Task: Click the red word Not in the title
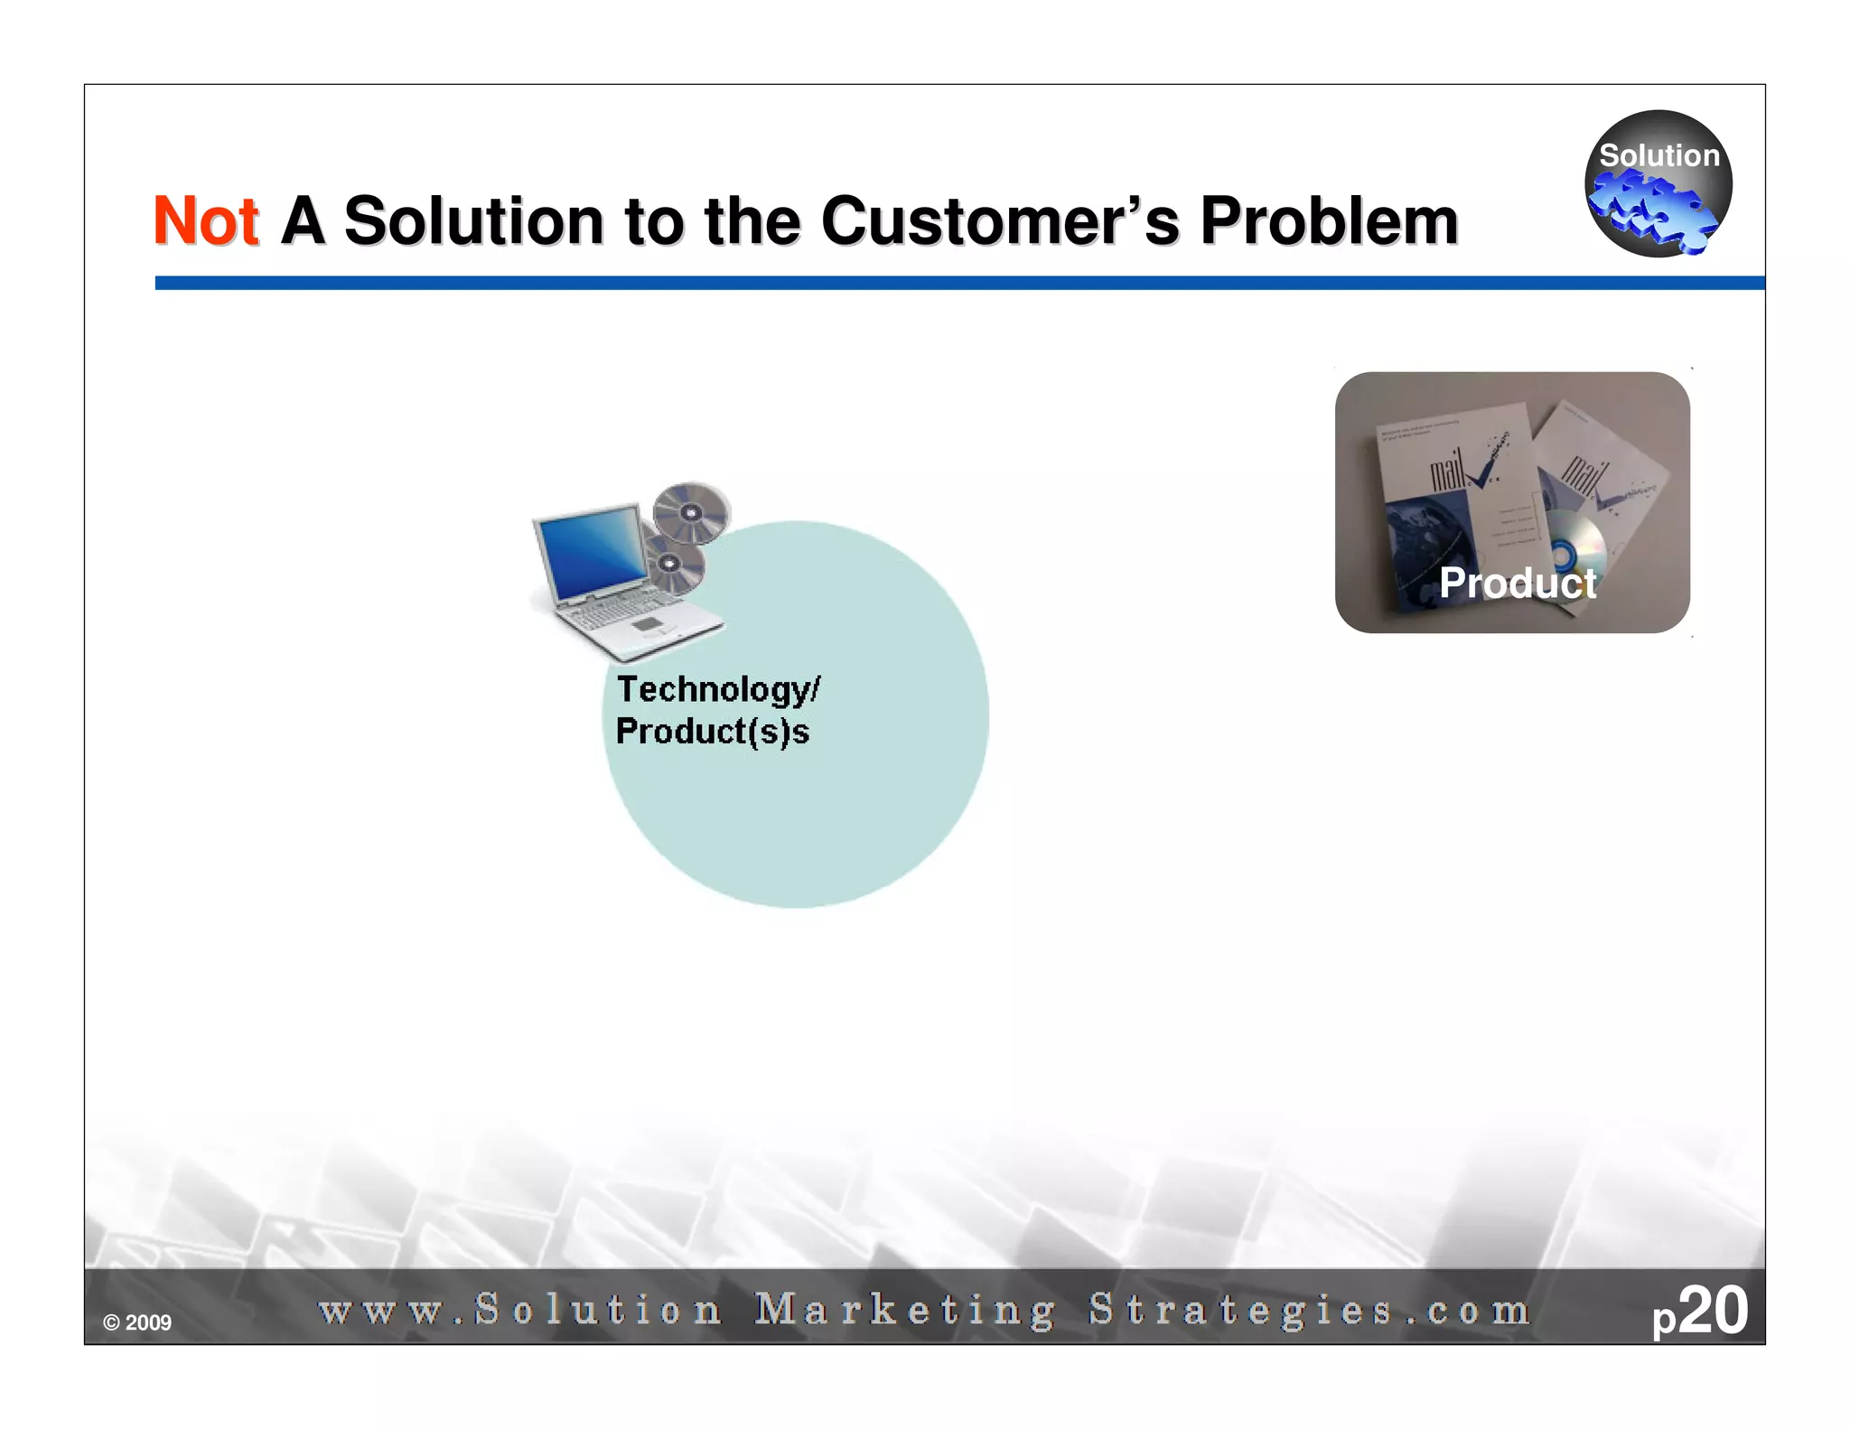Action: coord(206,221)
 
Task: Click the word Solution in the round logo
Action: coord(1658,155)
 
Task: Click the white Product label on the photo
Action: coord(1518,583)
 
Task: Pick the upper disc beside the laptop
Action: coord(691,512)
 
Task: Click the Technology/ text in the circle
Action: coord(718,690)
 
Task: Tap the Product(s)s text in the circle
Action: coord(712,732)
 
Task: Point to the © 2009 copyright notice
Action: coord(137,1323)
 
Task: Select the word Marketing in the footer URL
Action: coord(905,1310)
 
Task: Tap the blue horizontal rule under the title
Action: coord(958,283)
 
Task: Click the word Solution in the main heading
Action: coord(473,221)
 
